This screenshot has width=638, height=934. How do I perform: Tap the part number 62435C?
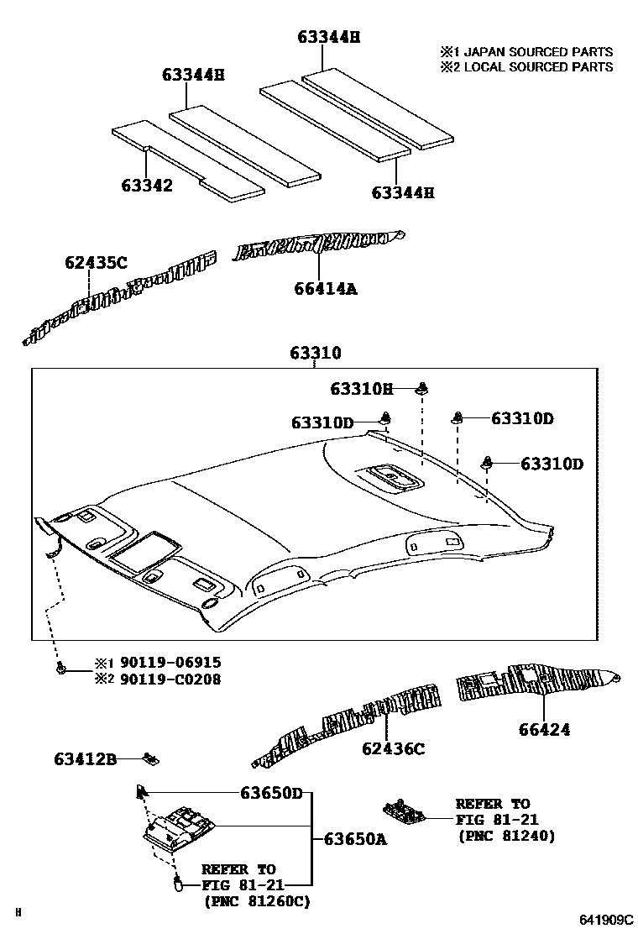click(x=96, y=263)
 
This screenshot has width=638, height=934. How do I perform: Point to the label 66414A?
click(x=326, y=289)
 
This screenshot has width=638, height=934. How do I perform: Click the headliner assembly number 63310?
click(x=316, y=353)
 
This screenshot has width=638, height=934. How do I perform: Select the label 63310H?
click(x=361, y=389)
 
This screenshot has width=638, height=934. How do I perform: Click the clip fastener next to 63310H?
click(x=422, y=388)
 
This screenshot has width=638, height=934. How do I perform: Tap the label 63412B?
click(x=85, y=760)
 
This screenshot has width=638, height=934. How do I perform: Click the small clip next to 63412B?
click(x=152, y=759)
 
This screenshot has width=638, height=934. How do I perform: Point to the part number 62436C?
click(x=394, y=748)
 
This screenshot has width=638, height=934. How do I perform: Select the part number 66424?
click(x=543, y=730)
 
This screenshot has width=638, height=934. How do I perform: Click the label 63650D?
click(x=271, y=792)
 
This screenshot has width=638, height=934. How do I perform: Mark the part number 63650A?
click(x=355, y=838)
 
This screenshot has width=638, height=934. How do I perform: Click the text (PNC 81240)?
click(x=506, y=836)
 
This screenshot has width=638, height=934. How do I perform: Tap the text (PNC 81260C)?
click(x=256, y=901)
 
